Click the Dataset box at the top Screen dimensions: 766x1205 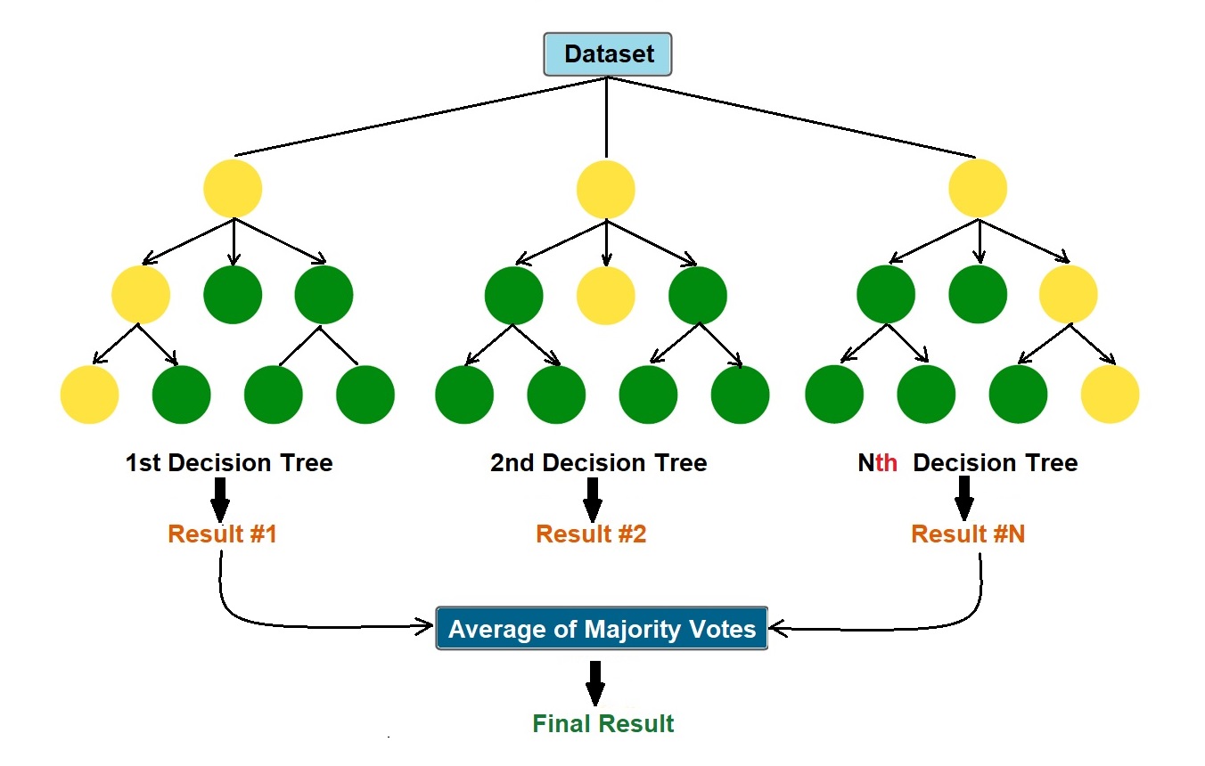tap(607, 54)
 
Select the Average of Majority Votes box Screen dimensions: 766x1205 tap(602, 629)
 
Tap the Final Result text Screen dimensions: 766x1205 tap(603, 723)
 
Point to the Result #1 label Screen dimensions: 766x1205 tap(222, 534)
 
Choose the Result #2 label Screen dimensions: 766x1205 tap(591, 534)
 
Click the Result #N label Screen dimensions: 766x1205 tap(967, 534)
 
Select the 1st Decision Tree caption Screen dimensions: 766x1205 tap(229, 463)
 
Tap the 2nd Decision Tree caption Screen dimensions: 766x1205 tap(598, 463)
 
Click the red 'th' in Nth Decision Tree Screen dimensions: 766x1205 tap(886, 463)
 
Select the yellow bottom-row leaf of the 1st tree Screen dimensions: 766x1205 tap(89, 394)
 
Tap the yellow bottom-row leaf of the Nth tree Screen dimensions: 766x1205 tap(1110, 394)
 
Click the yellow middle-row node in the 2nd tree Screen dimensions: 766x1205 tap(606, 295)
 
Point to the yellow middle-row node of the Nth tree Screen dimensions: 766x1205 tap(1069, 295)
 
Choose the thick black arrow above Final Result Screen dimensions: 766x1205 tap(595, 682)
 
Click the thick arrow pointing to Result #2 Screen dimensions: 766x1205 tap(591, 499)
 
